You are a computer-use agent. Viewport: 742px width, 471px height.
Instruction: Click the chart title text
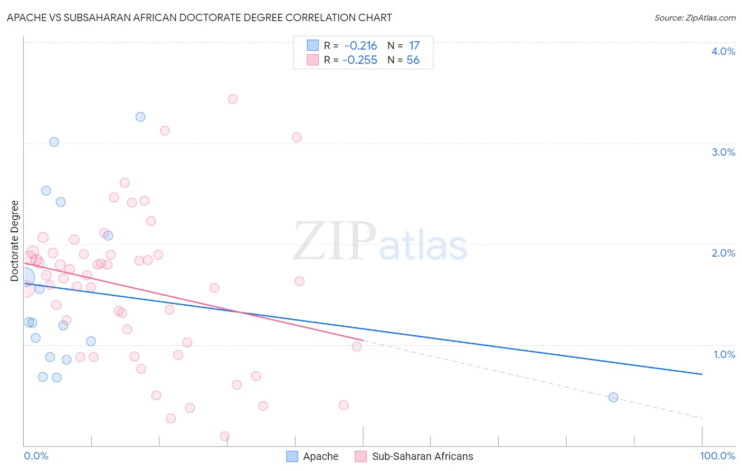(199, 17)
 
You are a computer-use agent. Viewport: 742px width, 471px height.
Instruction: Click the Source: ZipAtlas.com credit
(695, 18)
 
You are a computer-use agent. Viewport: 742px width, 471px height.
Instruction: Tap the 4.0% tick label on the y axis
(723, 51)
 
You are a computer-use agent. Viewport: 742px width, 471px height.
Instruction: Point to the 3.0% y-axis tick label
(723, 152)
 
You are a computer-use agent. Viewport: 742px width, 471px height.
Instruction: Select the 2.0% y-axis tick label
(723, 253)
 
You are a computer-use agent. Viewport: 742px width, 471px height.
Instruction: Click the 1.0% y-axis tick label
(724, 354)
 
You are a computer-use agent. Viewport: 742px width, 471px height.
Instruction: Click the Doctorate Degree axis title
(15, 241)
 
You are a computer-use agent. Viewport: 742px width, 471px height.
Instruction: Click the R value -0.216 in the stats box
(360, 46)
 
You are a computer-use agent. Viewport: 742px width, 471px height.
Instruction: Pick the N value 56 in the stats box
(413, 60)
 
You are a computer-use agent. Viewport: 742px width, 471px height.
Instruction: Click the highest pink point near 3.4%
(233, 99)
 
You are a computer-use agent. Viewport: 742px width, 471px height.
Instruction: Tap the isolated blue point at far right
(613, 397)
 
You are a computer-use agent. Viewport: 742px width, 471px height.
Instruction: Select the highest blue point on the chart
(140, 117)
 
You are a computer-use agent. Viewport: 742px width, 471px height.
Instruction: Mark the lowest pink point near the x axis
(225, 436)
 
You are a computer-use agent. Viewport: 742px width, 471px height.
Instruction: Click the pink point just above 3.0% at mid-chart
(297, 137)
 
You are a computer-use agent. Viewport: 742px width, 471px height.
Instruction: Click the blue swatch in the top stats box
(313, 45)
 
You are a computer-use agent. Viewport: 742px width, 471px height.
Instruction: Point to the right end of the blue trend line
(702, 374)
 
